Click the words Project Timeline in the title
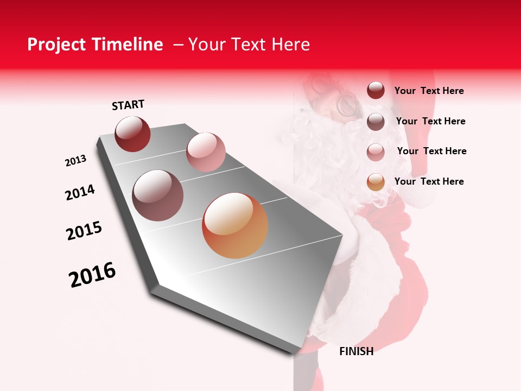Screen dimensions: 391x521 [x=95, y=45]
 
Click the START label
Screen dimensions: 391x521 [x=128, y=105]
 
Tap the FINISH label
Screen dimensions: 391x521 [x=356, y=351]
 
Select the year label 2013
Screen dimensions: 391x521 [x=75, y=161]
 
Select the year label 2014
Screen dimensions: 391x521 [x=80, y=192]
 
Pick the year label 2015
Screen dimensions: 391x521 [x=84, y=231]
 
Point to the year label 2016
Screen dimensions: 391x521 [x=92, y=275]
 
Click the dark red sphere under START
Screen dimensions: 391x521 [x=132, y=134]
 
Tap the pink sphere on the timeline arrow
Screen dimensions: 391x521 [x=206, y=152]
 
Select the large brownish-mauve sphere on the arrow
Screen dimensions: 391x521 [x=158, y=195]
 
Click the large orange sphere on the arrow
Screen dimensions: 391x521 [x=235, y=225]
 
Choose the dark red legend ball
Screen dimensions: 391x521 [x=376, y=91]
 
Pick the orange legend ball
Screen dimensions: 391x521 [x=376, y=182]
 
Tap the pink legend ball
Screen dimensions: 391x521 [x=376, y=152]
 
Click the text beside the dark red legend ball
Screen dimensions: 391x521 [x=429, y=91]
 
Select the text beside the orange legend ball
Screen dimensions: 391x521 [x=429, y=181]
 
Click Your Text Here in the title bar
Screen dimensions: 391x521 [x=249, y=45]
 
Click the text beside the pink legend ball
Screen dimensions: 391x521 [x=431, y=151]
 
